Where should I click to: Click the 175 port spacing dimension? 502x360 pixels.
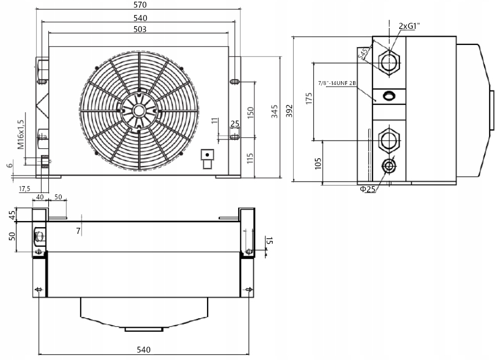click(x=309, y=99)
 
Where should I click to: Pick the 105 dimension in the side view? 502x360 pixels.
click(x=318, y=164)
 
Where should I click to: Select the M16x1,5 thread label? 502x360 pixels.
click(x=21, y=134)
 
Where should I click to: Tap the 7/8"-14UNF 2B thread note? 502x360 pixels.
click(x=336, y=83)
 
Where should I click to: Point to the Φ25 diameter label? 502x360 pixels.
click(x=368, y=189)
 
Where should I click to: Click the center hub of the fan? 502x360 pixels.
click(x=138, y=110)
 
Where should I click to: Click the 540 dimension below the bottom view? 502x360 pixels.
click(x=143, y=349)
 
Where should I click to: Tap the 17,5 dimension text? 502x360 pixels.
click(x=24, y=188)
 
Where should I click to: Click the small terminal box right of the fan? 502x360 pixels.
click(x=207, y=158)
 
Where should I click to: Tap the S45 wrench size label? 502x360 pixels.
click(x=364, y=53)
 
